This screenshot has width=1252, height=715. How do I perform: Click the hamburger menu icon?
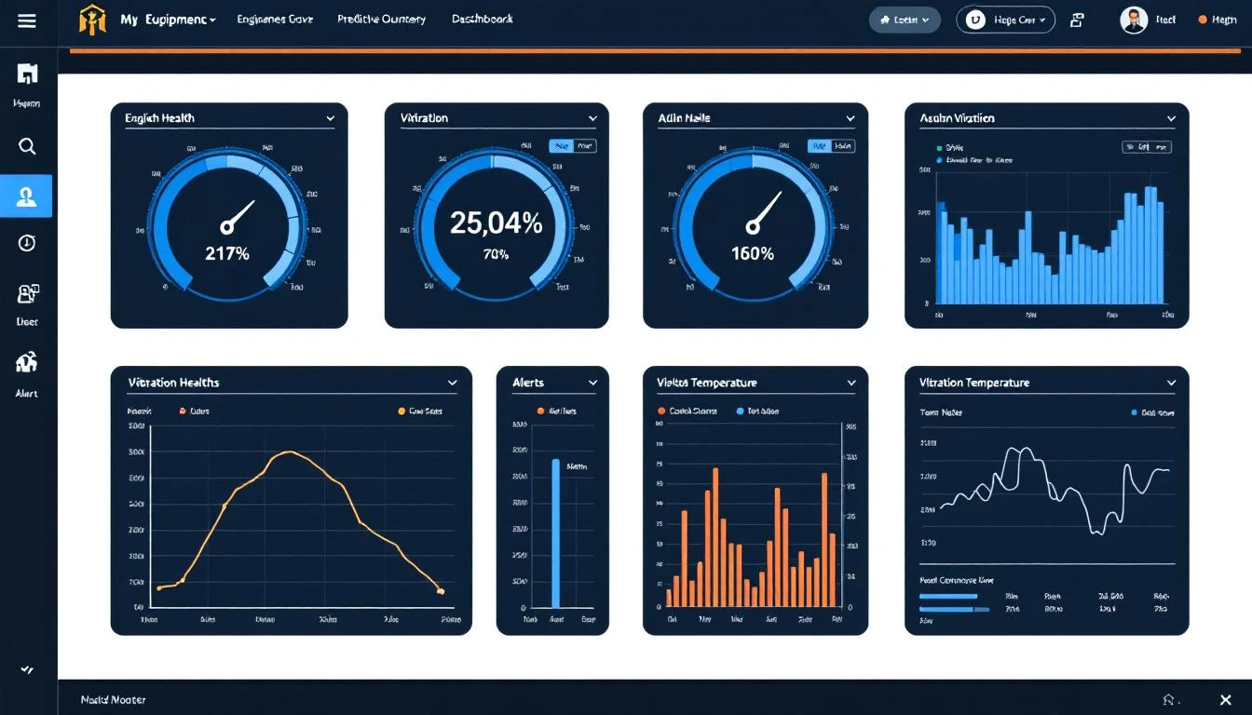pyautogui.click(x=27, y=20)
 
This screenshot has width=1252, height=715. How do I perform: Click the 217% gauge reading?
pyautogui.click(x=228, y=252)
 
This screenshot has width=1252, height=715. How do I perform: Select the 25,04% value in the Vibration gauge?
pyautogui.click(x=496, y=223)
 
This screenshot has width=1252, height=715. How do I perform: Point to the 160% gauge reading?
pyautogui.click(x=753, y=253)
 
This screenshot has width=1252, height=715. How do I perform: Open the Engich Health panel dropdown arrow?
pyautogui.click(x=331, y=118)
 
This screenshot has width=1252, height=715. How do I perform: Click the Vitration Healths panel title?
pyautogui.click(x=173, y=383)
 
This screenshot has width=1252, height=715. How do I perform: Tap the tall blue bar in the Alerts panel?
pyautogui.click(x=556, y=533)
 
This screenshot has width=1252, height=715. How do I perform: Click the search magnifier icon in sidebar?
pyautogui.click(x=27, y=146)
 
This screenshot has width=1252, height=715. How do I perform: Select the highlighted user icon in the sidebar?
pyautogui.click(x=27, y=196)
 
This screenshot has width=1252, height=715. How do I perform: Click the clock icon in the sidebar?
pyautogui.click(x=27, y=243)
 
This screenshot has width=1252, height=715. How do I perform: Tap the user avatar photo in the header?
pyautogui.click(x=1134, y=20)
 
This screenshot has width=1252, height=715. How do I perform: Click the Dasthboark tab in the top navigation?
pyautogui.click(x=482, y=19)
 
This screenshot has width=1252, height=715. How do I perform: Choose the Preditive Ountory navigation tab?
pyautogui.click(x=381, y=19)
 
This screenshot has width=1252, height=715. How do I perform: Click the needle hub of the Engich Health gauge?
pyautogui.click(x=227, y=226)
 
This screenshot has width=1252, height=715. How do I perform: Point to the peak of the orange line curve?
pyautogui.click(x=291, y=452)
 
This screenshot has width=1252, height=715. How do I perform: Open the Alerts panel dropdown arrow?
pyautogui.click(x=592, y=383)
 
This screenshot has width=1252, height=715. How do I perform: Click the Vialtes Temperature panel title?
pyautogui.click(x=706, y=383)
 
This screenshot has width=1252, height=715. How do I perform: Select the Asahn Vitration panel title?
pyautogui.click(x=957, y=118)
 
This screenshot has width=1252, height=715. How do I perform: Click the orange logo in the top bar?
pyautogui.click(x=93, y=20)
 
